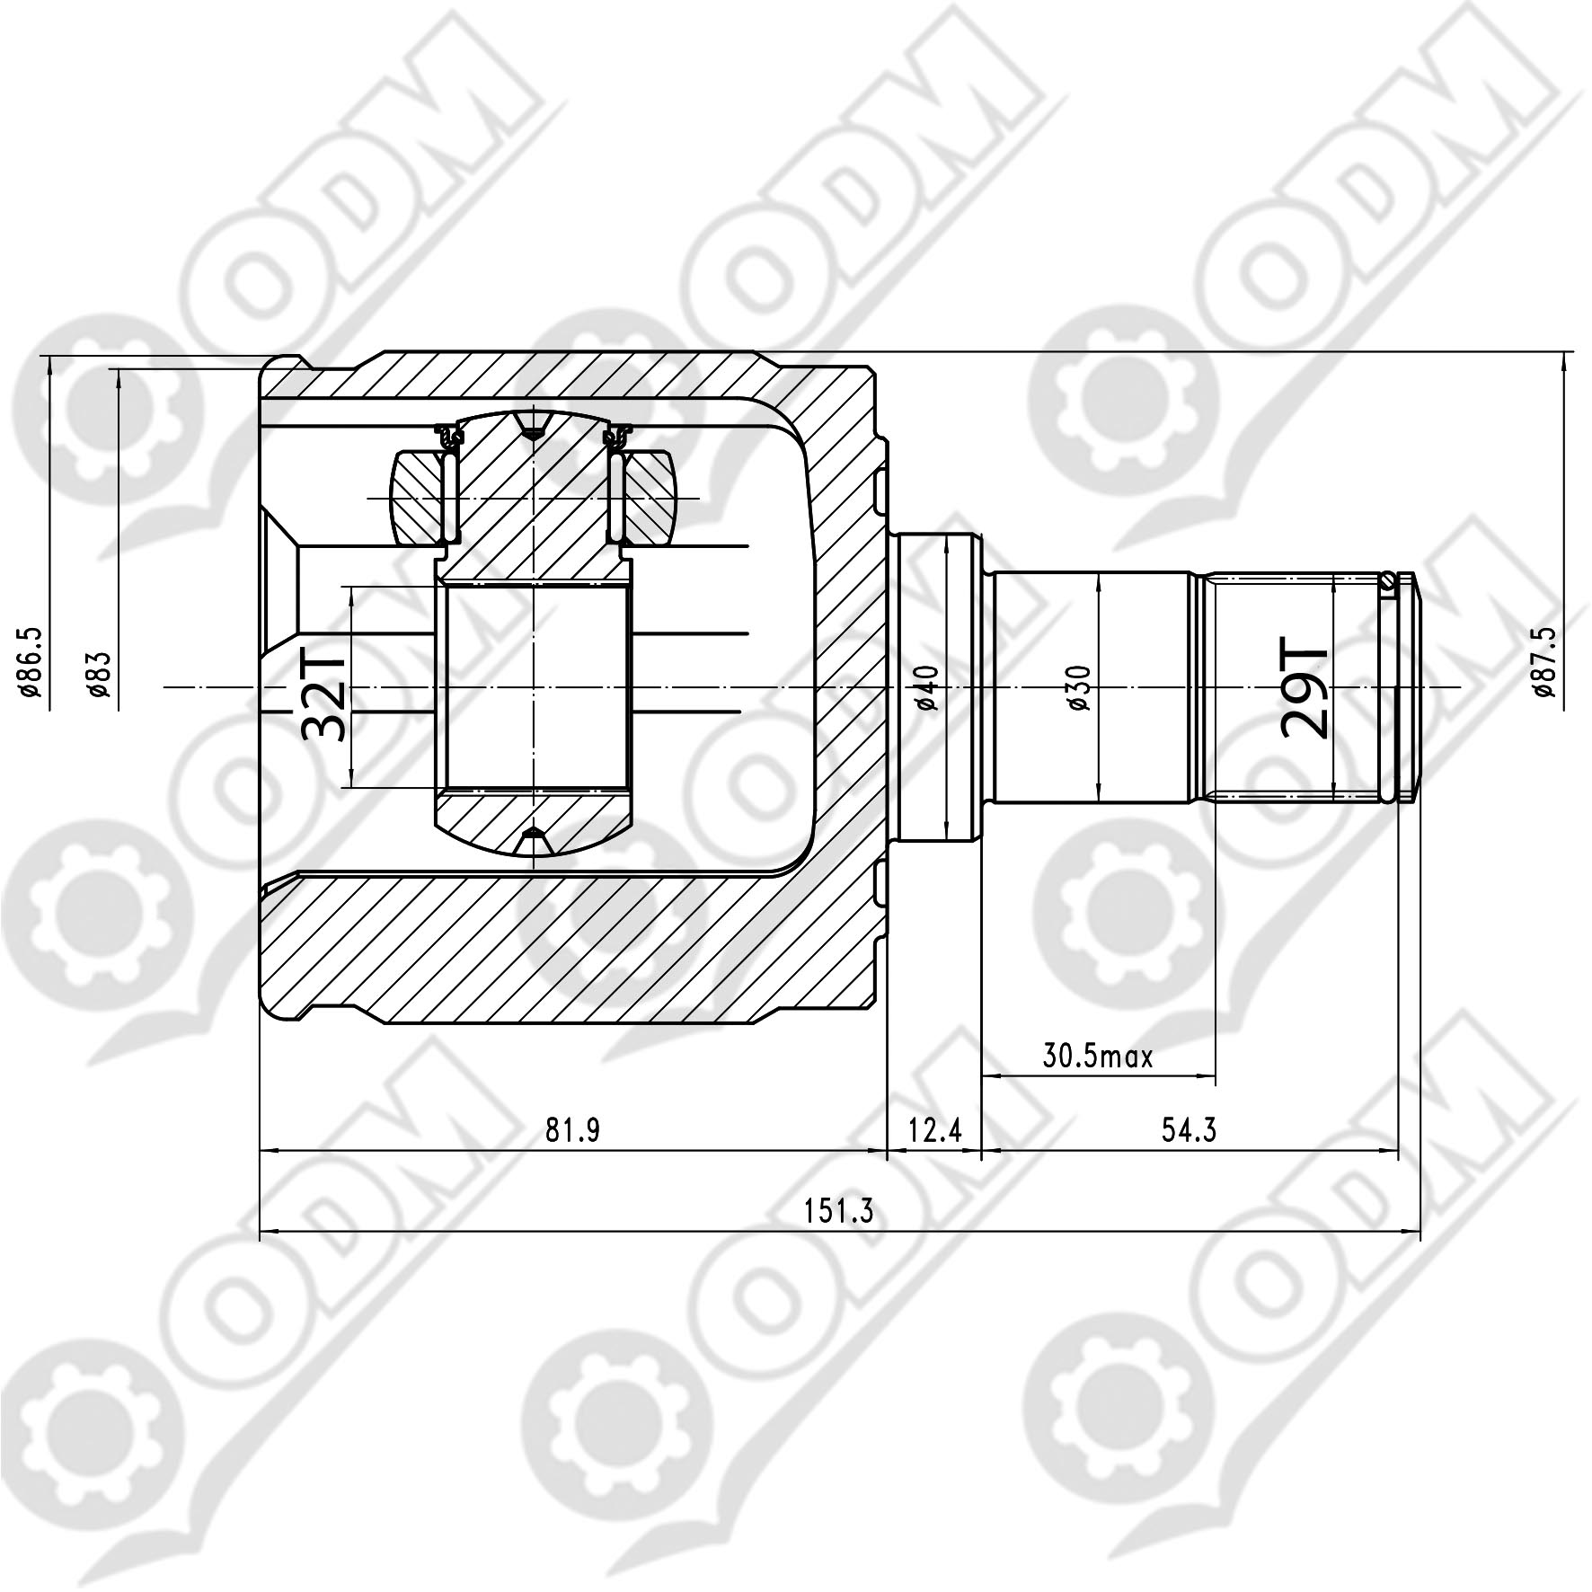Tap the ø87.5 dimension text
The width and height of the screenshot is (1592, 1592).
click(x=1545, y=662)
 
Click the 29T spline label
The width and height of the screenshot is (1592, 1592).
click(x=1305, y=688)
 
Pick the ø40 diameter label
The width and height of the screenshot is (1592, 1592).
click(x=928, y=687)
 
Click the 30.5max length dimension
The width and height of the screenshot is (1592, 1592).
click(x=1098, y=1057)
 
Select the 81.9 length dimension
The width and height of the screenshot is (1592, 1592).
click(x=572, y=1130)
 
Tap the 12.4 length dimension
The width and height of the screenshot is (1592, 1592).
click(x=934, y=1130)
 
